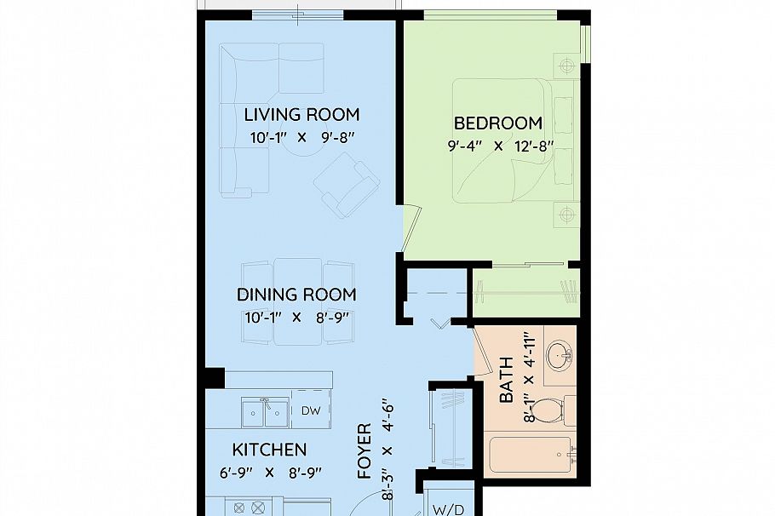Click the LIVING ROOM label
301,115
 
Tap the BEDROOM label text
497,123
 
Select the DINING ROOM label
296,295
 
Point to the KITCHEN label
269,450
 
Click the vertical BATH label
506,380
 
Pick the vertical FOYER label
365,450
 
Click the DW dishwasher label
311,410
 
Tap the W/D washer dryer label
449,509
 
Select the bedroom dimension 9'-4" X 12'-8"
500,146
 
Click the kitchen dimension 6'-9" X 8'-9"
270,473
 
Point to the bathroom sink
560,353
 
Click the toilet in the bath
552,410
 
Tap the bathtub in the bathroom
531,455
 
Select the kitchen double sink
265,412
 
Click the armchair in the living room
347,185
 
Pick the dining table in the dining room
298,301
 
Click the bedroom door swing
411,228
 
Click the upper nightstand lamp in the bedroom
567,65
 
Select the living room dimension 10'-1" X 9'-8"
302,137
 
